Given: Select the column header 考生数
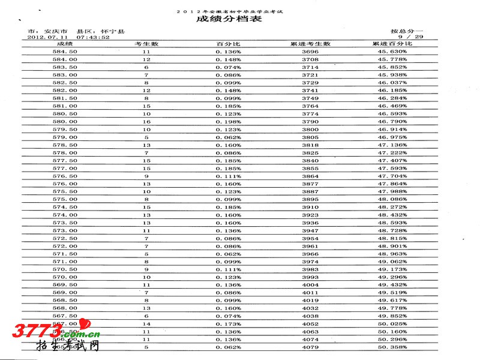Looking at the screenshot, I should tap(146, 44).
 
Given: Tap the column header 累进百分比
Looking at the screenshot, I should tap(392, 44).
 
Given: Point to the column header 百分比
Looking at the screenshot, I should tap(228, 44).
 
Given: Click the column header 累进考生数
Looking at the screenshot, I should tap(310, 44).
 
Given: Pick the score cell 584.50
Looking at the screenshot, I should tap(65, 52).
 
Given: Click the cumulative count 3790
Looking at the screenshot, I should tap(310, 122).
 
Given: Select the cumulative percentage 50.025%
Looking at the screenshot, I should tap(392, 324).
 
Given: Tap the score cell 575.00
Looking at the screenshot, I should tap(65, 199).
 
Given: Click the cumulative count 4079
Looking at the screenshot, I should tap(310, 347).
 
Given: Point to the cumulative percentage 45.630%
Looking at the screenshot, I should tap(392, 52).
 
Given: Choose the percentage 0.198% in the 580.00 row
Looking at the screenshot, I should tap(229, 122).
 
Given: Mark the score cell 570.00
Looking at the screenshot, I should tap(65, 277).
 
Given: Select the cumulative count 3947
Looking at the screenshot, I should tap(310, 230).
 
